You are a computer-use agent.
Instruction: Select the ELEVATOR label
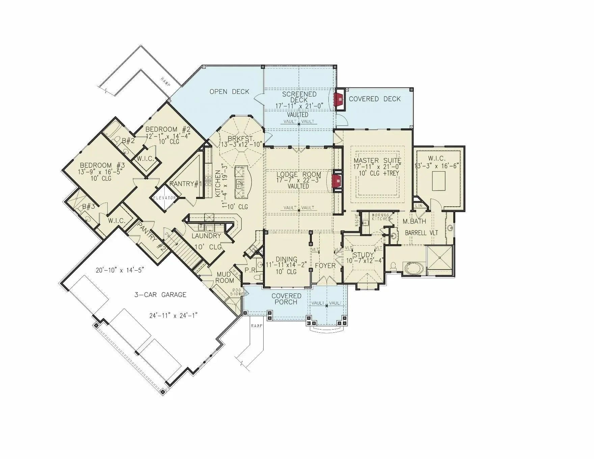(x=164, y=198)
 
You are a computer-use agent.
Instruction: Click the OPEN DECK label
(x=229, y=92)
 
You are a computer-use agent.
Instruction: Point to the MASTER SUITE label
(x=377, y=160)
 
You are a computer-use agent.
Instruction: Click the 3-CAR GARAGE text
(x=160, y=295)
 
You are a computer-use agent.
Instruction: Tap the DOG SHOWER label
(x=236, y=292)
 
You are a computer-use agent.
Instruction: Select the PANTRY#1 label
(x=185, y=184)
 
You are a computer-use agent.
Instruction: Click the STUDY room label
(x=363, y=255)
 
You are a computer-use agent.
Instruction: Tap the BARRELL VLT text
(x=421, y=233)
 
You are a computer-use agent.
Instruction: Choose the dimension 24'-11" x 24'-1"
(x=173, y=315)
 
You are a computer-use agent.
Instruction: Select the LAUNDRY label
(x=206, y=236)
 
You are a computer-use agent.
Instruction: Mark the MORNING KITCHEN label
(x=380, y=217)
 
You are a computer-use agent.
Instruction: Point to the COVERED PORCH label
(x=286, y=299)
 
